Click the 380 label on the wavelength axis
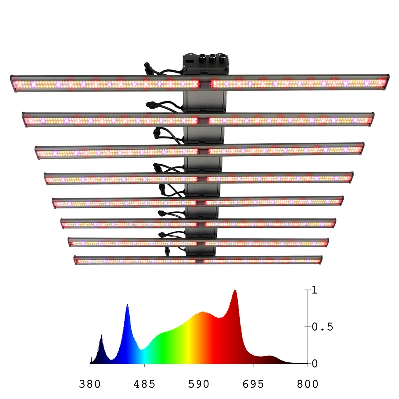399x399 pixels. click(x=90, y=384)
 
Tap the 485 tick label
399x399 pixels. click(x=145, y=384)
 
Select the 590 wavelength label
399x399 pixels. click(x=199, y=384)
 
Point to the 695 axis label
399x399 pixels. click(x=253, y=384)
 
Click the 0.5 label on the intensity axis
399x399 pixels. click(x=322, y=327)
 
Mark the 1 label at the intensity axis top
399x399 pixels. click(x=314, y=290)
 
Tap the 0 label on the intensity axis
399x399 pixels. click(x=314, y=363)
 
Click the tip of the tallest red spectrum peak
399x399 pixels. click(x=235, y=291)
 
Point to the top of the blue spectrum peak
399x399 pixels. click(x=127, y=305)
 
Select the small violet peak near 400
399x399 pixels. click(x=101, y=336)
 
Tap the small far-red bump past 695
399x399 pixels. click(x=270, y=356)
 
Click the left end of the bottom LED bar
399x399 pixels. click(x=75, y=260)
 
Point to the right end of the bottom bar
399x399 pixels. click(x=320, y=259)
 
